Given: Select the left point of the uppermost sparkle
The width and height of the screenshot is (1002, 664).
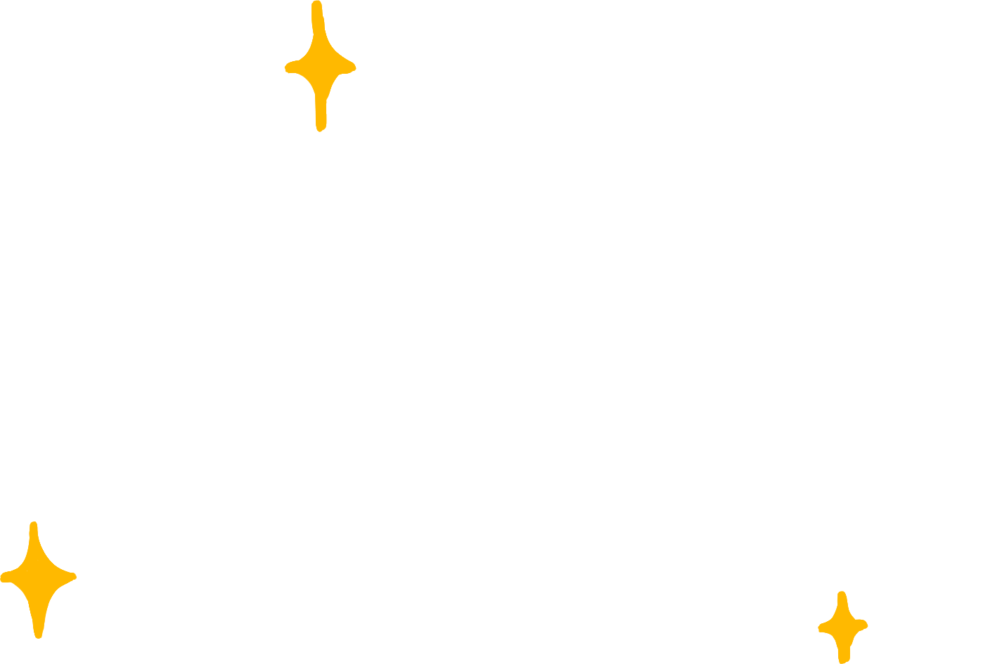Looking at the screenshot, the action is pos(289,67).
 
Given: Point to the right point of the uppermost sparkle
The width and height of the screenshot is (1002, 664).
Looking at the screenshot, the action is pos(351,67).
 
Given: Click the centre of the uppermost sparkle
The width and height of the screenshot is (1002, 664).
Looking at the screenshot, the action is pos(320,68).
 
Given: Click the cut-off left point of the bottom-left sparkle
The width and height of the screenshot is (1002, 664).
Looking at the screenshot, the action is pos(4,577).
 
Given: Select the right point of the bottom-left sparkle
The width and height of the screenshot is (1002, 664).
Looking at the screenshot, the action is pos(72,577).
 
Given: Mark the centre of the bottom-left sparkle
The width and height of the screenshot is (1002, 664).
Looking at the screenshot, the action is pos(36,579).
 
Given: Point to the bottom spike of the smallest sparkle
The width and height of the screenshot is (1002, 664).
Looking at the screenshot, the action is pos(844,658).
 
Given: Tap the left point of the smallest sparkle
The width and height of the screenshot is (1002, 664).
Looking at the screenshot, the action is pos(822,627).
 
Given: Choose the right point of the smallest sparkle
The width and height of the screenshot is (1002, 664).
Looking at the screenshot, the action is pos(865,625).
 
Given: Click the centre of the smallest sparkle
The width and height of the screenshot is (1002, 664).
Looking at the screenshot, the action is pos(843,626).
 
